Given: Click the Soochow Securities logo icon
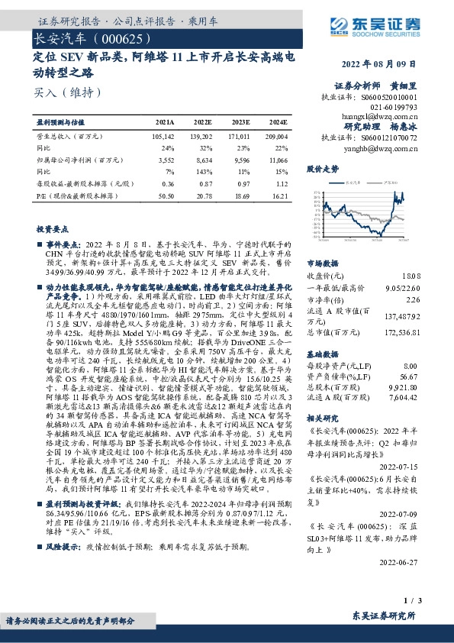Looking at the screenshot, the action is click(341, 25).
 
